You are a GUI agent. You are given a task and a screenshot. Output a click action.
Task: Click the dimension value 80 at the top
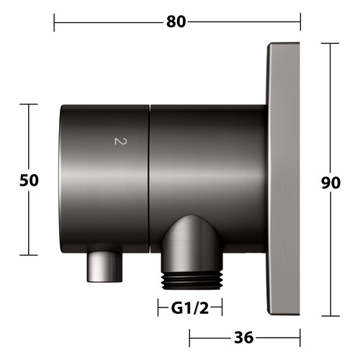pos(176,22)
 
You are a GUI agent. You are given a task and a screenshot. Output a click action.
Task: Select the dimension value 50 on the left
pos(29,180)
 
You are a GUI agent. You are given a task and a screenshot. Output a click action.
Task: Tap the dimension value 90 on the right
pos(330,183)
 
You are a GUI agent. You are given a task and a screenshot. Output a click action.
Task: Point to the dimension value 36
pos(243,338)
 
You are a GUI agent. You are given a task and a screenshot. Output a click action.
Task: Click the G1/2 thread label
pos(190,308)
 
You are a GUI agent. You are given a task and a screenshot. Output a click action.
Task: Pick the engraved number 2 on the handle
pos(120,141)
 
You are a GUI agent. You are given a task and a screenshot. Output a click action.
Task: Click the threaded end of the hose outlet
pos(192,280)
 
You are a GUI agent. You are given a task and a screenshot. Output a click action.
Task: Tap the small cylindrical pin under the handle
pos(104,267)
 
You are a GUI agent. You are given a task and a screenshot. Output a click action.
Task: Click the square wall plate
pos(283,179)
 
